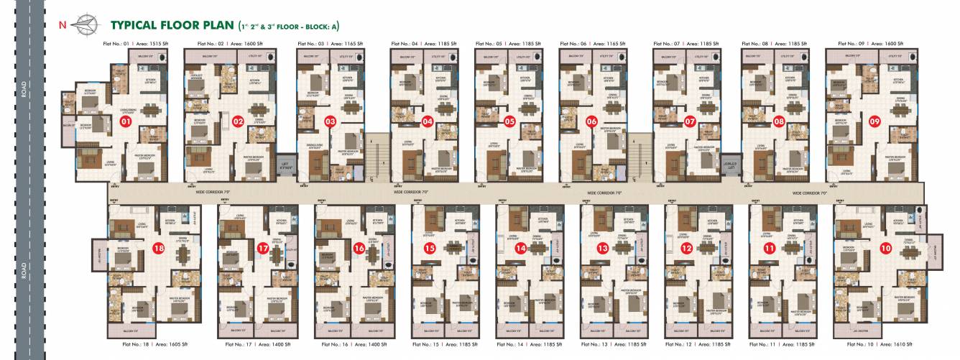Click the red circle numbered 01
(126, 122)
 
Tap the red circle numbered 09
(875, 121)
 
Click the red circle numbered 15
(430, 248)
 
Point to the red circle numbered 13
(602, 248)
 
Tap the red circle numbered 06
(591, 121)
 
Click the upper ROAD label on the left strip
(24, 90)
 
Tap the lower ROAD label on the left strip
(24, 269)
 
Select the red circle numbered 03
(331, 121)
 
